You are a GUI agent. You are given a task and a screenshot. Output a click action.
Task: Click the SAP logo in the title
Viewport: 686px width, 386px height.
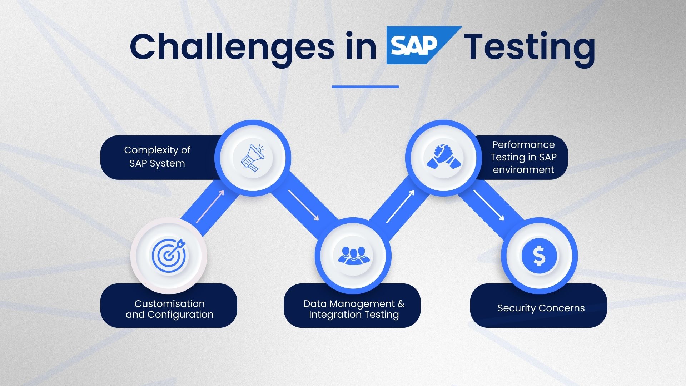[418, 46]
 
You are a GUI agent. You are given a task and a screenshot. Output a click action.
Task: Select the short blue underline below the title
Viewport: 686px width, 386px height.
[365, 86]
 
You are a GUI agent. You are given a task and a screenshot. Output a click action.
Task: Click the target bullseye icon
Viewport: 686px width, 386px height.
[169, 254]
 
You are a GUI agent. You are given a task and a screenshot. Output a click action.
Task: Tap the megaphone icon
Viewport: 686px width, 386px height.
[253, 158]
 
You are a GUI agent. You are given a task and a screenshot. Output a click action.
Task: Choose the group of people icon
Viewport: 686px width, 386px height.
[353, 255]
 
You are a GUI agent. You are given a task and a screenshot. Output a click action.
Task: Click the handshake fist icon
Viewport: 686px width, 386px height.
[443, 157]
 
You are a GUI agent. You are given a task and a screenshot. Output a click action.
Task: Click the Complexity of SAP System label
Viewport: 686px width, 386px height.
[157, 157]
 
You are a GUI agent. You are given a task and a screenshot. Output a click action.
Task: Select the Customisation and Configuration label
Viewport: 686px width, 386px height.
[169, 309]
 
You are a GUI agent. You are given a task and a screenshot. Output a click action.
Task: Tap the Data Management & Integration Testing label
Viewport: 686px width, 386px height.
[353, 309]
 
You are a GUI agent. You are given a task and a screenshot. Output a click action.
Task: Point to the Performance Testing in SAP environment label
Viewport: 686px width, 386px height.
[523, 157]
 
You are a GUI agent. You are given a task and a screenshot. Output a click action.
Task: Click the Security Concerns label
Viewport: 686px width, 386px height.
[541, 308]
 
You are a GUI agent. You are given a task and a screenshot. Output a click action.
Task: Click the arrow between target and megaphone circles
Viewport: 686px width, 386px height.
[210, 207]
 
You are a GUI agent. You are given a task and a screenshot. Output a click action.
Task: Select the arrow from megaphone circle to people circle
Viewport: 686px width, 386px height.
[303, 205]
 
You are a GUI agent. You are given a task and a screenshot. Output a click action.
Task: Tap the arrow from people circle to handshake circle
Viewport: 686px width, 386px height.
[400, 207]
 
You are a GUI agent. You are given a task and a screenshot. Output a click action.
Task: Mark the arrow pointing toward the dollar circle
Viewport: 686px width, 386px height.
[489, 205]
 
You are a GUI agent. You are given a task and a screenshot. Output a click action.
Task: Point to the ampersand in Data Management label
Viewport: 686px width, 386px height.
[401, 304]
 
